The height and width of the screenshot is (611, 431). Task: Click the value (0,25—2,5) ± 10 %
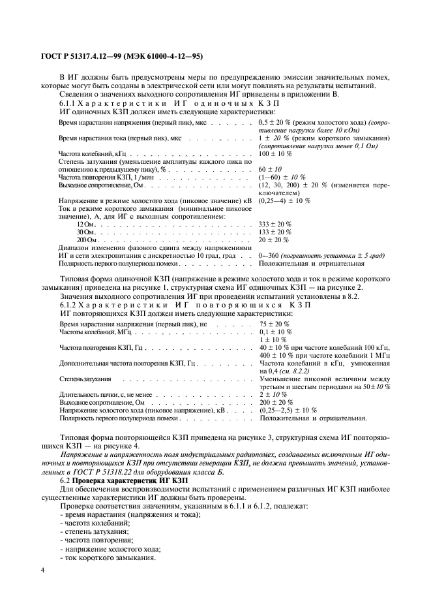click(288, 411)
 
